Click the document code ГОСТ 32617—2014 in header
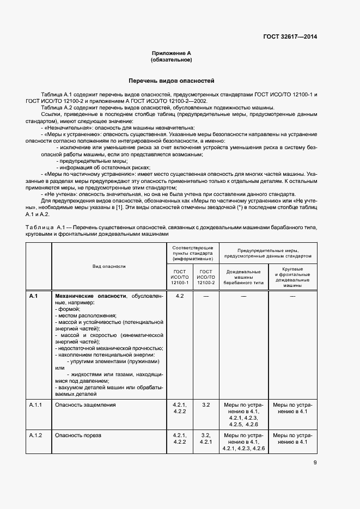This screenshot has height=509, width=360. click(x=290, y=36)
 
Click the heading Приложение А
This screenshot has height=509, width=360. click(x=172, y=53)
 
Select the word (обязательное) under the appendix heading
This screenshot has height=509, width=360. click(x=172, y=60)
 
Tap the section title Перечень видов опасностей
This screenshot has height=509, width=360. click(x=172, y=81)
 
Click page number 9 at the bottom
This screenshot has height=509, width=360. click(x=315, y=463)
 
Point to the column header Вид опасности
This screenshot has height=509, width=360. click(x=109, y=266)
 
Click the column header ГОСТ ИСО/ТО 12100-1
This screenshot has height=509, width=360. click(x=180, y=277)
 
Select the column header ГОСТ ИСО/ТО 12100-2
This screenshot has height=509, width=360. click(x=206, y=277)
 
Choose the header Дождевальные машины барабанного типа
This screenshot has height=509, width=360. click(x=243, y=277)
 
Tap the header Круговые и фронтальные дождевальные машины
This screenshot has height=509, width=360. click(x=292, y=277)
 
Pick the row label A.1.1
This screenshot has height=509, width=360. click(x=35, y=405)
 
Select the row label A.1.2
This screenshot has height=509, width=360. click(x=35, y=436)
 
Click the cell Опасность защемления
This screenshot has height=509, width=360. click(x=85, y=405)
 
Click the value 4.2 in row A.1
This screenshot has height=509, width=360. click(x=180, y=296)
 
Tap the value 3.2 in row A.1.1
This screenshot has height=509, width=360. click(x=206, y=405)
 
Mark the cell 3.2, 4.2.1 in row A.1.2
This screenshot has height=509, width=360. click(x=206, y=439)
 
